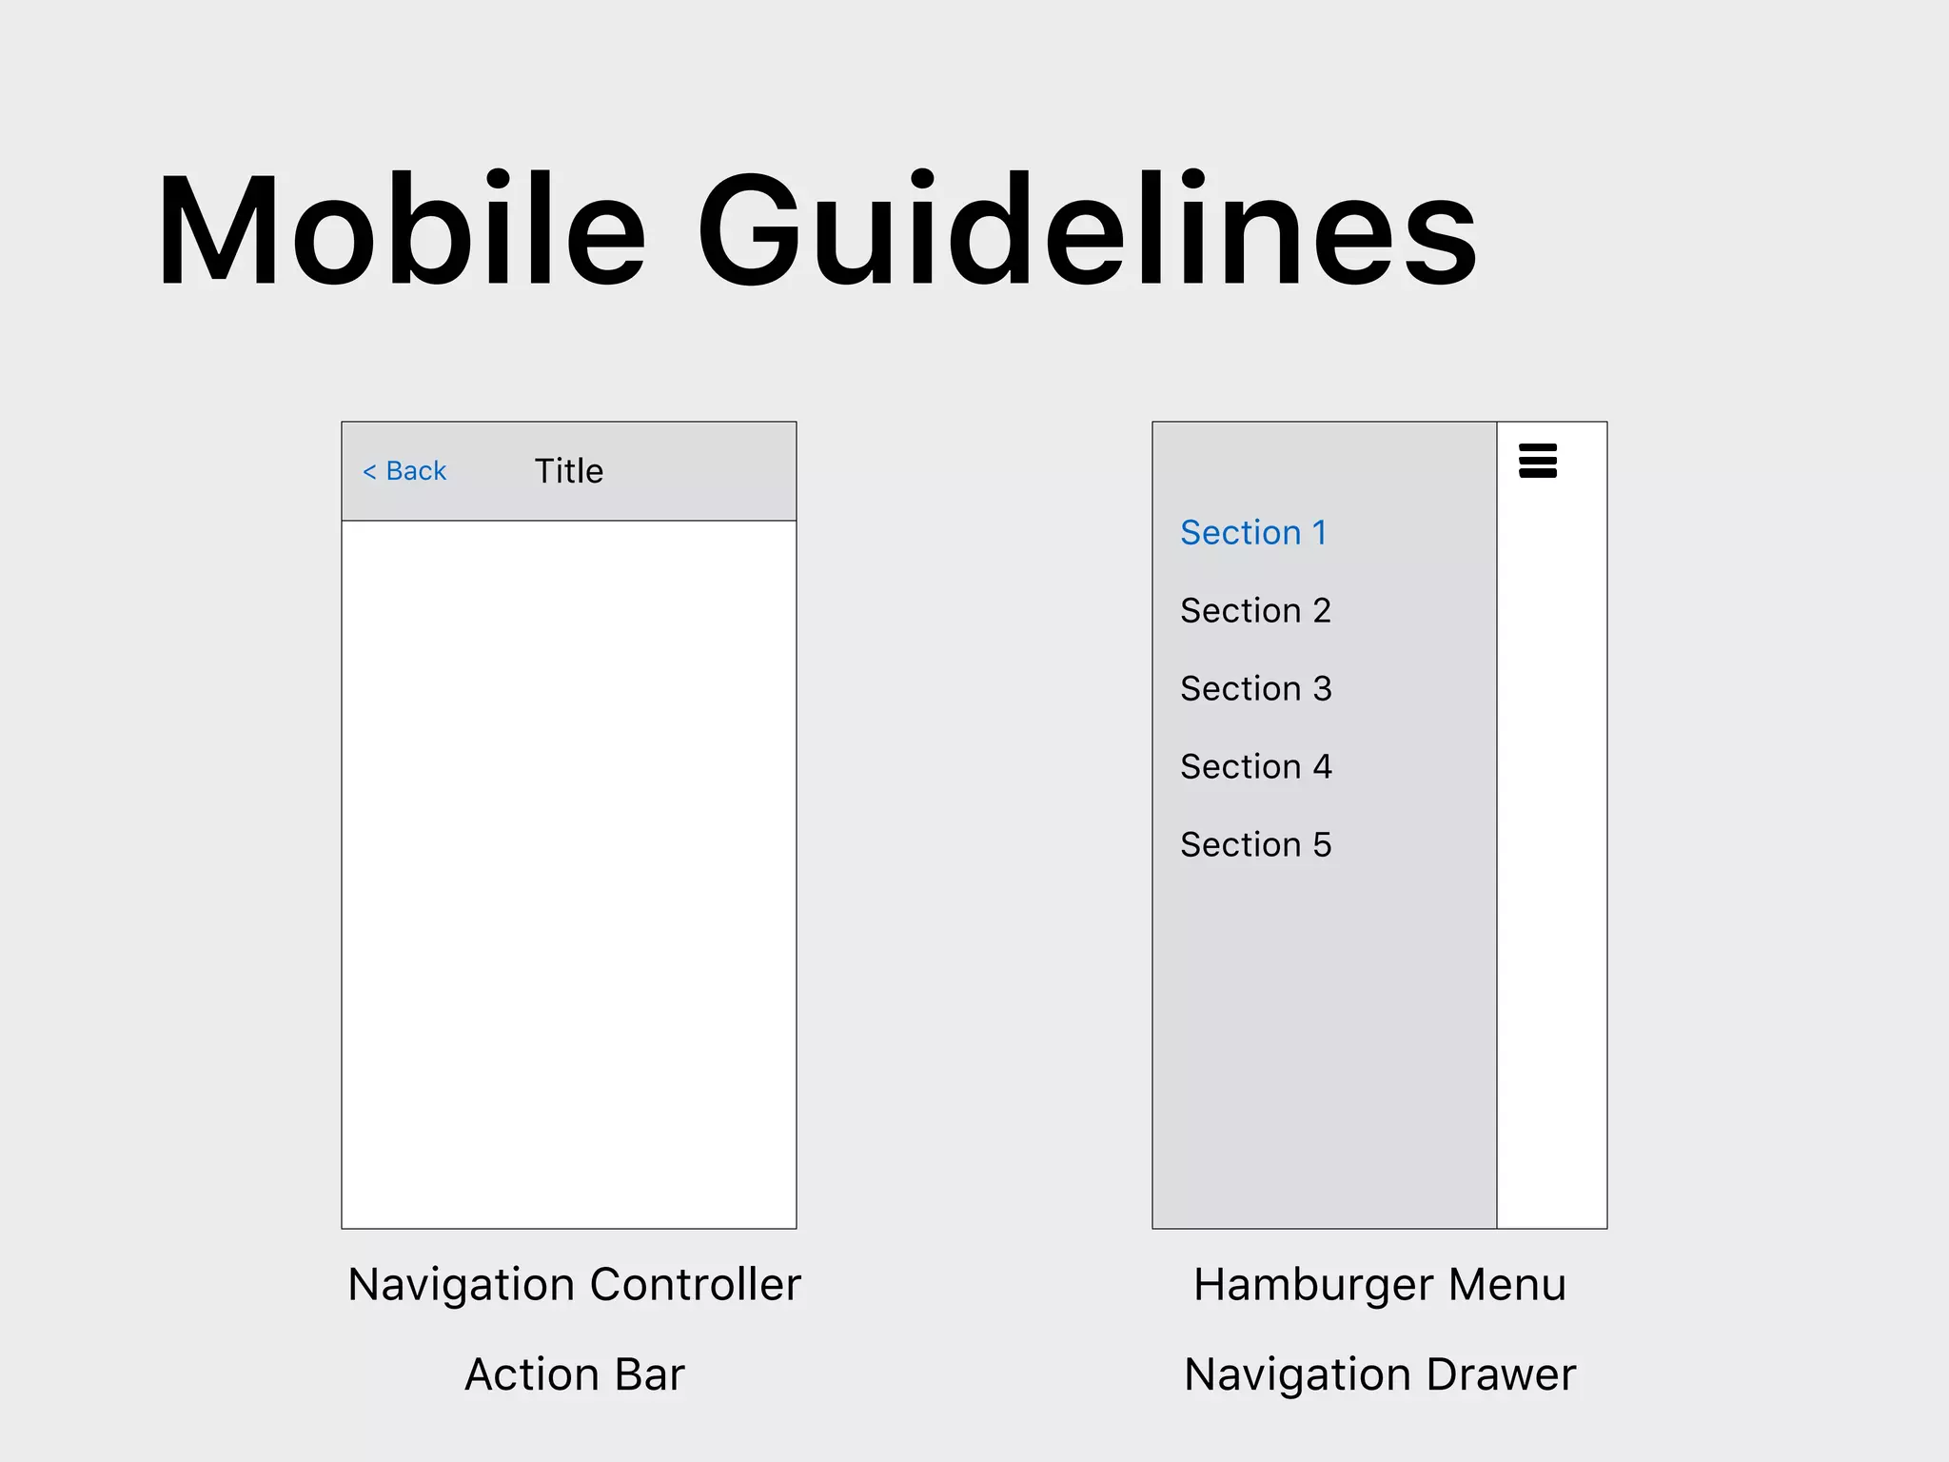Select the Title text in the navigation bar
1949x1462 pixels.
pos(568,471)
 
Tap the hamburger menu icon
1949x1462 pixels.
pos(1537,461)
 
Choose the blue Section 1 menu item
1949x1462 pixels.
pos(1253,533)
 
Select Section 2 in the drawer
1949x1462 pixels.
pos(1255,611)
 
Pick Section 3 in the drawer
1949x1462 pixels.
pos(1255,689)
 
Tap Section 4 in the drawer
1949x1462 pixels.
pos(1255,767)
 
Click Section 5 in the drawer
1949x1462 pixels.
pos(1255,845)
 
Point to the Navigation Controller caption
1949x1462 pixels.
pos(574,1285)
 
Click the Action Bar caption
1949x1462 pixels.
pos(574,1374)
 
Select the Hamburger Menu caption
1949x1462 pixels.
pos(1379,1285)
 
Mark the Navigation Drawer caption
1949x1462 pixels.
pos(1379,1374)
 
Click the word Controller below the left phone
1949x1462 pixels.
pos(696,1285)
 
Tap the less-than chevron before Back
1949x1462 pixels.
pos(369,472)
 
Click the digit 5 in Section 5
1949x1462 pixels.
pos(1322,845)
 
